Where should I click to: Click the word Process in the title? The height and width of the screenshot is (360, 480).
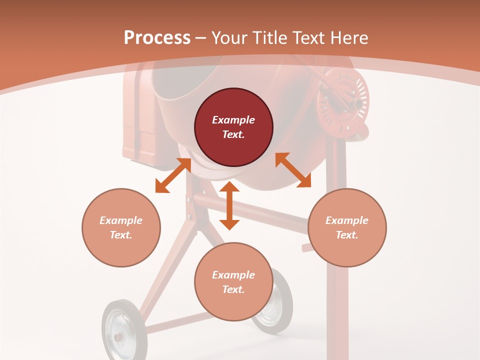(x=157, y=38)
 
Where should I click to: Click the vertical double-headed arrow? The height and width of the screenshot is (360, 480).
(x=229, y=205)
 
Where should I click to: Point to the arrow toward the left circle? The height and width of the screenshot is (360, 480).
(x=173, y=175)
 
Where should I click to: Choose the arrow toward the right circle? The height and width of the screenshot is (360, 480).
(x=293, y=170)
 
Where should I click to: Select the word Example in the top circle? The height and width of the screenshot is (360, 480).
(x=233, y=120)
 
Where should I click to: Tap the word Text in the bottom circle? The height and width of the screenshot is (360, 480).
(x=233, y=289)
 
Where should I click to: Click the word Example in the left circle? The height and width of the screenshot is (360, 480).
(x=121, y=220)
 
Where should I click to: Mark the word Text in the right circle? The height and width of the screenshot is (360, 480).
(x=347, y=235)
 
